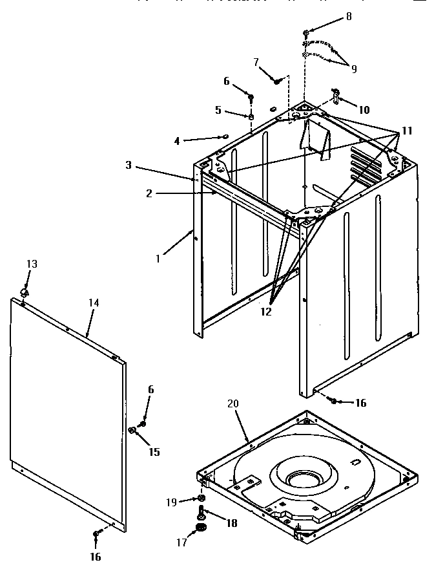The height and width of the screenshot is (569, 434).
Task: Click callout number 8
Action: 349,17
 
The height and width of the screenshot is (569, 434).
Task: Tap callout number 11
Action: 407,131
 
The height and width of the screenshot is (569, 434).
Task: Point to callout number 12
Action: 265,311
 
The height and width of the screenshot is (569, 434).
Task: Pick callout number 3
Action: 129,166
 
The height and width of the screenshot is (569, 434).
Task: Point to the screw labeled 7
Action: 277,81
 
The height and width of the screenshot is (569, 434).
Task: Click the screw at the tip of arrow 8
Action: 306,32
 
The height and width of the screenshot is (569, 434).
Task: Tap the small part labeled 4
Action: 225,136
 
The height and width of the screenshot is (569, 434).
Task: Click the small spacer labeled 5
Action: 251,116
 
